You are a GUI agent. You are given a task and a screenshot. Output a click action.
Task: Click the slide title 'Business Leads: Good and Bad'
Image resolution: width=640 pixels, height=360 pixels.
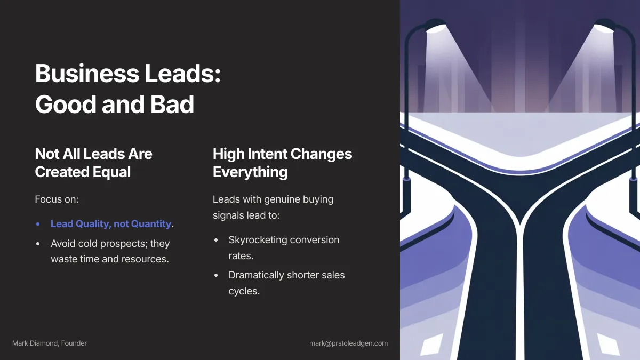pyautogui.click(x=127, y=89)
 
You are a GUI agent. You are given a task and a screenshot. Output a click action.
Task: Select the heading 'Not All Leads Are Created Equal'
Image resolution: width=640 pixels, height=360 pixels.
pyautogui.click(x=93, y=163)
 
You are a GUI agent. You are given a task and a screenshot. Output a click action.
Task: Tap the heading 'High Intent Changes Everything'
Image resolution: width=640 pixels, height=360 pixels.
pyautogui.click(x=282, y=163)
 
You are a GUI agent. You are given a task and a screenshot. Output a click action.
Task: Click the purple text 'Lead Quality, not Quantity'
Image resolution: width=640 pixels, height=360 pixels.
pyautogui.click(x=111, y=224)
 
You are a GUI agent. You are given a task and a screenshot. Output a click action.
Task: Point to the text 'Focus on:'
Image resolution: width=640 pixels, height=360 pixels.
pyautogui.click(x=57, y=199)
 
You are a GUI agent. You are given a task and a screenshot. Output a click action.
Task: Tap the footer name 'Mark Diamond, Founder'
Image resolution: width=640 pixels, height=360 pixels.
pyautogui.click(x=50, y=343)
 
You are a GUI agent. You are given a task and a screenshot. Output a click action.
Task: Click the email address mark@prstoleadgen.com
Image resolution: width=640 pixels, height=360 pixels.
pyautogui.click(x=348, y=343)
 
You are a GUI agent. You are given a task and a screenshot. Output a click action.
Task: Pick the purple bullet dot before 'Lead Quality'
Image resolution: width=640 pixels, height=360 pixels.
pyautogui.click(x=38, y=225)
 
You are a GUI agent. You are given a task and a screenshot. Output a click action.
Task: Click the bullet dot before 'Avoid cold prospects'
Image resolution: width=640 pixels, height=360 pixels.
pyautogui.click(x=38, y=244)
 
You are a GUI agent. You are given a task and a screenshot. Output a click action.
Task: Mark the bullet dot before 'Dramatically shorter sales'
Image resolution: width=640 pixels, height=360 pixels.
pyautogui.click(x=216, y=276)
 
